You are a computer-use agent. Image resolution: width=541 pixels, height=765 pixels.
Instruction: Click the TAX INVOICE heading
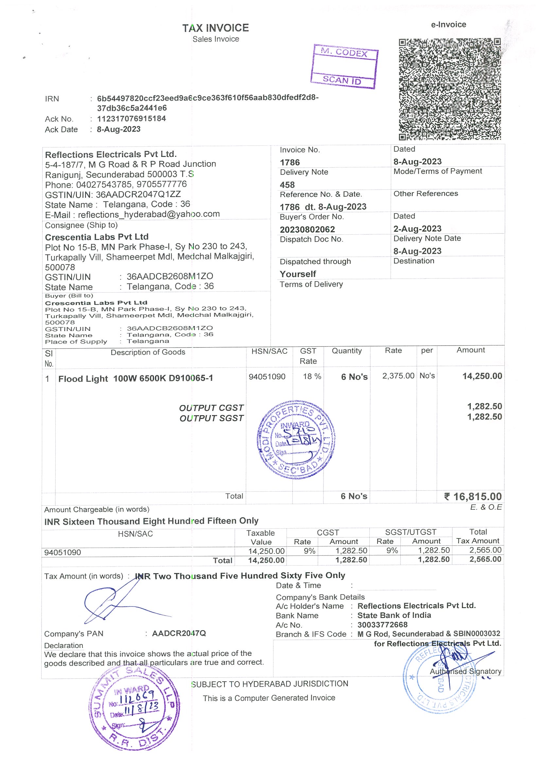(x=215, y=28)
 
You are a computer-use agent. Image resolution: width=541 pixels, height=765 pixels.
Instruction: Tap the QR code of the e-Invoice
(x=450, y=89)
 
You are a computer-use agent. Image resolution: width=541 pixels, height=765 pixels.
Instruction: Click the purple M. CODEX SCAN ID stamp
(x=344, y=67)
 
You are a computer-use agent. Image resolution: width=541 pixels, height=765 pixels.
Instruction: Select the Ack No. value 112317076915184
(x=131, y=119)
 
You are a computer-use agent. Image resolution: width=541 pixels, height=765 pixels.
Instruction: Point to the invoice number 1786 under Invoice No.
(x=290, y=162)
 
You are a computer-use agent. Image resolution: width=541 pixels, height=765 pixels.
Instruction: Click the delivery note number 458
(x=287, y=185)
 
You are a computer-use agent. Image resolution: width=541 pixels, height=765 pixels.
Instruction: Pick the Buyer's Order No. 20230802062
(x=307, y=229)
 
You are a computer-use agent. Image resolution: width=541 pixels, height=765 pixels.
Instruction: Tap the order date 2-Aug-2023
(x=417, y=229)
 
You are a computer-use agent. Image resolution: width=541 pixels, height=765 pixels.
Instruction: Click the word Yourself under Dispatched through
(x=298, y=274)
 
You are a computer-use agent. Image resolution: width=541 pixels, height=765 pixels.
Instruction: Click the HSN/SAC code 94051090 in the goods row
(x=267, y=377)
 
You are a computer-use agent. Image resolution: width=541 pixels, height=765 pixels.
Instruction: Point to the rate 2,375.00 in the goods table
(x=398, y=376)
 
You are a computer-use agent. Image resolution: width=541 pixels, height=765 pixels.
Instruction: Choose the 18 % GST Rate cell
(x=312, y=377)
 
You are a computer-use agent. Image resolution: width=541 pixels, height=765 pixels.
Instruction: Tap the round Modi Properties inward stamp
(x=296, y=439)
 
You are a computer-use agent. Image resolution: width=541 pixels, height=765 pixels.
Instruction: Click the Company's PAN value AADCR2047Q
(x=179, y=633)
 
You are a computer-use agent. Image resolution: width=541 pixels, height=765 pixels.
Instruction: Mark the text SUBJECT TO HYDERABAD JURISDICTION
(x=269, y=684)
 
